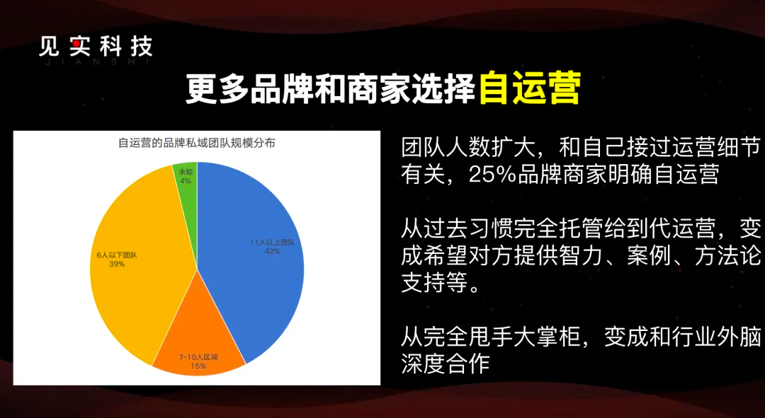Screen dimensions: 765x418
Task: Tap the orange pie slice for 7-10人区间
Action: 198,341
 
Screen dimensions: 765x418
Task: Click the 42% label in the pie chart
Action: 272,251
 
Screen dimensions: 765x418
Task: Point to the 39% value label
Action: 117,264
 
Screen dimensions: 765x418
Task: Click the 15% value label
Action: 198,366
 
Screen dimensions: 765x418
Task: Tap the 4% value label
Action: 186,181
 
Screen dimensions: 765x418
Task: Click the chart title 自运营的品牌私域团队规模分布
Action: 197,144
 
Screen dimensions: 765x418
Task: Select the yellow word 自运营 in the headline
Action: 529,88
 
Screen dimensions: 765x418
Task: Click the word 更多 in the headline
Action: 217,88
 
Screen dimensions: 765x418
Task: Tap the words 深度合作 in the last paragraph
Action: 446,363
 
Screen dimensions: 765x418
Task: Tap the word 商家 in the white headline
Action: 378,88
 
